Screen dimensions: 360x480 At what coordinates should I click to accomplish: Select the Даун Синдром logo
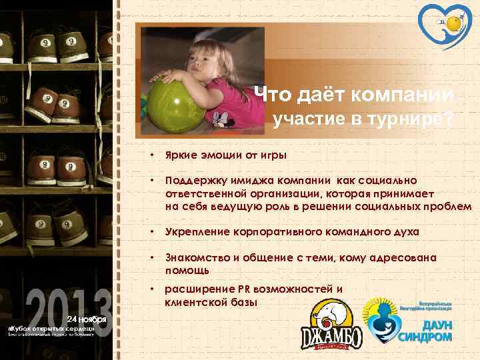408,319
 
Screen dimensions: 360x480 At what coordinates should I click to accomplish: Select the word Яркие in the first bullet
181,155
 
